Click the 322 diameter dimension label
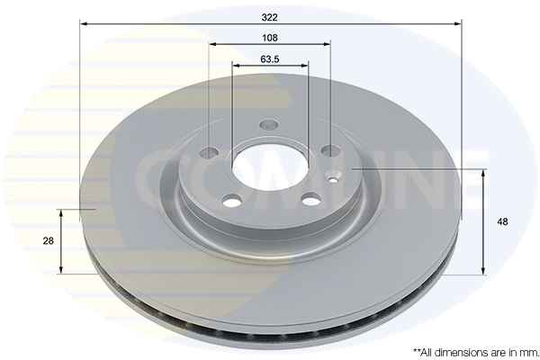(x=269, y=18)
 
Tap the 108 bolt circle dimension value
(x=270, y=38)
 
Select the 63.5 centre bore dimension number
(x=270, y=59)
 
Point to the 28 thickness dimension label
(x=49, y=241)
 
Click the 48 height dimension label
(x=502, y=222)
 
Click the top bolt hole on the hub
(x=268, y=124)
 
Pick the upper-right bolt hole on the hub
(x=330, y=150)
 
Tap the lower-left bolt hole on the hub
(x=232, y=200)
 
